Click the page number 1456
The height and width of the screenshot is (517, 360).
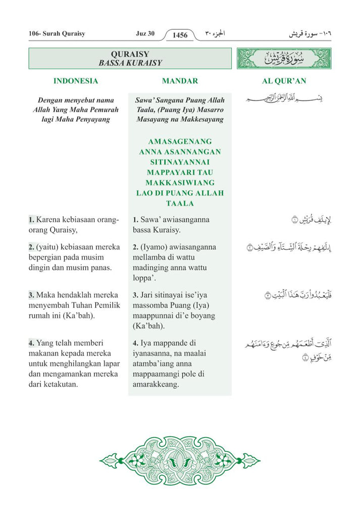[x=180, y=35]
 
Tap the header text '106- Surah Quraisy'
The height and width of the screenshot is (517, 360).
[x=57, y=34]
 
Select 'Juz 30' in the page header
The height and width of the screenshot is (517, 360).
[x=145, y=34]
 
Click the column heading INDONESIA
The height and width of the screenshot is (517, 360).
[x=76, y=81]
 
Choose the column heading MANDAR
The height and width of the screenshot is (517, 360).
[x=180, y=81]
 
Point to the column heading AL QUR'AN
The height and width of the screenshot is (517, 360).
[x=284, y=81]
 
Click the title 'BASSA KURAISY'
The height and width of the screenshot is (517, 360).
[x=130, y=63]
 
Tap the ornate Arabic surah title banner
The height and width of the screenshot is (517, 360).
[x=284, y=59]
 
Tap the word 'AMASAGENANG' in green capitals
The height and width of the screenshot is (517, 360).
[x=180, y=141]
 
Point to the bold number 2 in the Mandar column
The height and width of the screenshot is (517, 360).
[x=135, y=247]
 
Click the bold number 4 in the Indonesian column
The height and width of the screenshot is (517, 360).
[x=31, y=343]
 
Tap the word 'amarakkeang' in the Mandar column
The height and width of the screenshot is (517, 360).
[x=156, y=384]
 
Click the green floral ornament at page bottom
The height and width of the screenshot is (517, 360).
[x=180, y=460]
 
